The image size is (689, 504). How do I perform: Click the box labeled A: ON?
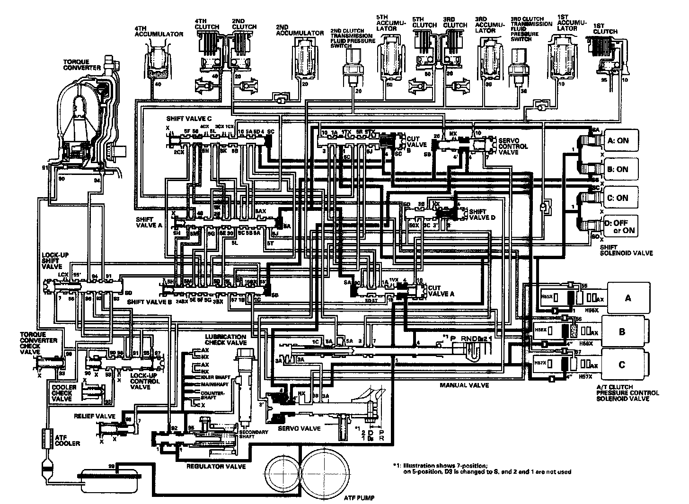(620, 140)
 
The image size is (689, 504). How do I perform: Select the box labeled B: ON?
(620, 169)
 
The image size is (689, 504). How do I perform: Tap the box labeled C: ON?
(620, 198)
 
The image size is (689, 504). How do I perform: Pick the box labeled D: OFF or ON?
(620, 226)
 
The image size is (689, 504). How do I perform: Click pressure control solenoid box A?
(628, 297)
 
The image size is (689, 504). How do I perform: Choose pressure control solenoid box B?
(622, 331)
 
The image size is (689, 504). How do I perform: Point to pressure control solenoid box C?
(622, 365)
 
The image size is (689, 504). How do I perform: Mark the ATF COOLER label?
(67, 440)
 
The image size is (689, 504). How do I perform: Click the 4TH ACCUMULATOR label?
(159, 31)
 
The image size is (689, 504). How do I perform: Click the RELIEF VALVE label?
(95, 416)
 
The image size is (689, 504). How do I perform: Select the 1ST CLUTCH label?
(605, 28)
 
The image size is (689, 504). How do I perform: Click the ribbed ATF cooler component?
(48, 439)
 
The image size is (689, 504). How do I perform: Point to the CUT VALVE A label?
(441, 290)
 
